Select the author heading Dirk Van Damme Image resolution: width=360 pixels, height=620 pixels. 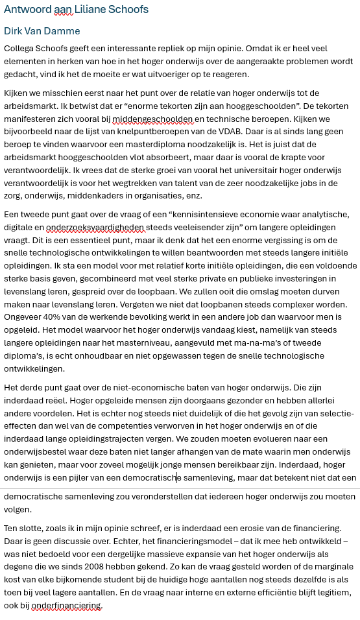coord(42,31)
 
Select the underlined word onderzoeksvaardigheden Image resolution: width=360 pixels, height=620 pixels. coord(90,226)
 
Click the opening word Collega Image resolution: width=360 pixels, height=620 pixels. coord(21,49)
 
